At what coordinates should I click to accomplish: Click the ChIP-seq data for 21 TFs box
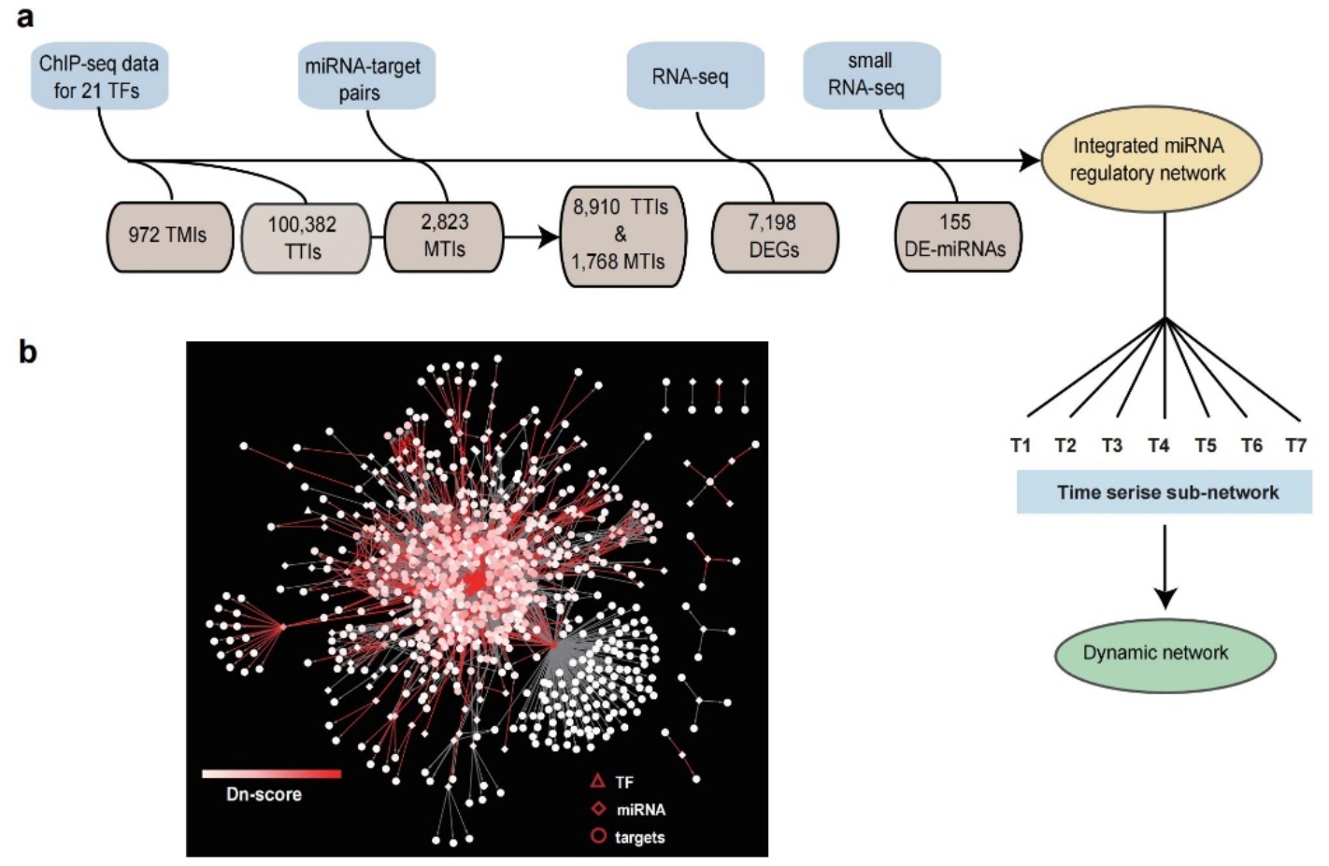pyautogui.click(x=99, y=77)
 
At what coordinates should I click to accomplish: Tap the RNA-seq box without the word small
pyautogui.click(x=693, y=77)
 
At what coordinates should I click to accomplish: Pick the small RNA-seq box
pyautogui.click(x=870, y=75)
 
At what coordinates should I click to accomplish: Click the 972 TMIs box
pyautogui.click(x=168, y=236)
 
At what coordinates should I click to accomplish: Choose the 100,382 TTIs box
pyautogui.click(x=305, y=238)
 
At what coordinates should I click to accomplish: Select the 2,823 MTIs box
pyautogui.click(x=444, y=236)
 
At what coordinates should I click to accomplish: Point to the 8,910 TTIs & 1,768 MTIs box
pyautogui.click(x=620, y=234)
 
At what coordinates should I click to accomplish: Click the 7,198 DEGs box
pyautogui.click(x=774, y=236)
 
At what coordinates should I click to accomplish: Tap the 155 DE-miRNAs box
pyautogui.click(x=956, y=236)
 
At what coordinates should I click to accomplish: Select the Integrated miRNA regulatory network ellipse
pyautogui.click(x=1150, y=160)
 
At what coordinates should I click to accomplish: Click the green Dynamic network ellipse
pyautogui.click(x=1156, y=653)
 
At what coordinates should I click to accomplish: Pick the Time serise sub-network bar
pyautogui.click(x=1165, y=492)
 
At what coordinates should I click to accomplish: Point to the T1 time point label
pyautogui.click(x=1022, y=446)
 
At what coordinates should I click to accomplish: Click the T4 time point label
pyautogui.click(x=1159, y=446)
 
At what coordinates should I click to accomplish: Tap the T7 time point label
pyautogui.click(x=1295, y=446)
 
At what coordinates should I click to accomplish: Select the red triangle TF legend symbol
pyautogui.click(x=598, y=781)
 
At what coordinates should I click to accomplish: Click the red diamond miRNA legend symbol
pyautogui.click(x=598, y=809)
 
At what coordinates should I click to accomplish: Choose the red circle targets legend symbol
pyautogui.click(x=598, y=836)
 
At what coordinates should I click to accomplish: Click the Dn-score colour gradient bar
pyautogui.click(x=272, y=774)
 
